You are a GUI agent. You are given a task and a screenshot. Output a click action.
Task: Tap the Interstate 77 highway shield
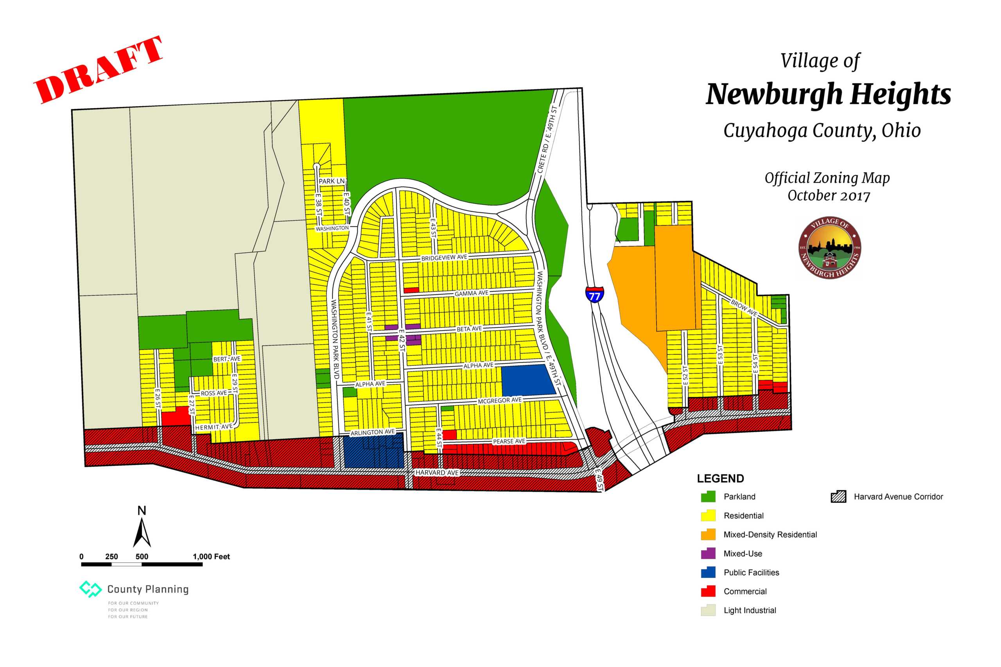click(x=595, y=294)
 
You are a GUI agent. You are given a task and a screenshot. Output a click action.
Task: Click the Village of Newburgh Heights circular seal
click(x=829, y=248)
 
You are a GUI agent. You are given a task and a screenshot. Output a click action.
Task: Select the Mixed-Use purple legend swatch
click(x=708, y=553)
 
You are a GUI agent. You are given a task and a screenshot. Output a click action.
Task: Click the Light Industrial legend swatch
click(x=708, y=610)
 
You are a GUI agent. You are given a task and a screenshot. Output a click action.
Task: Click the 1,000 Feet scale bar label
click(x=211, y=556)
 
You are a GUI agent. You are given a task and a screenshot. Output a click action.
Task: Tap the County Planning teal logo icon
click(x=90, y=589)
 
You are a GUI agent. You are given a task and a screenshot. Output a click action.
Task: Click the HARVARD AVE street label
click(x=437, y=472)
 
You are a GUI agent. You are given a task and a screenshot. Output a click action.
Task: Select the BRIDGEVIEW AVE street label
click(x=444, y=258)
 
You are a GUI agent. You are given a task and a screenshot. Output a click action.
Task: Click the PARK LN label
click(x=332, y=181)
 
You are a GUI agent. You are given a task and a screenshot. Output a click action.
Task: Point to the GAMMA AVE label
click(x=471, y=293)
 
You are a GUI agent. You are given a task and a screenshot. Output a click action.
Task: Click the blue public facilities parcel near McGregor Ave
click(x=528, y=380)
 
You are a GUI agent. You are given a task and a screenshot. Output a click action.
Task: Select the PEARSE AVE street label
click(x=509, y=441)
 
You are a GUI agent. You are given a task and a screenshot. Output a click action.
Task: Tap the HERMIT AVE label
click(x=213, y=427)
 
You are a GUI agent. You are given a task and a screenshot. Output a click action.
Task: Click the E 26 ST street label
click(x=158, y=398)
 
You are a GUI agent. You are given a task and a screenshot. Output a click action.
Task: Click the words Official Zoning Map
click(x=827, y=178)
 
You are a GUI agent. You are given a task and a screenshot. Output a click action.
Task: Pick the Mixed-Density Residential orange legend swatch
click(x=708, y=534)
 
